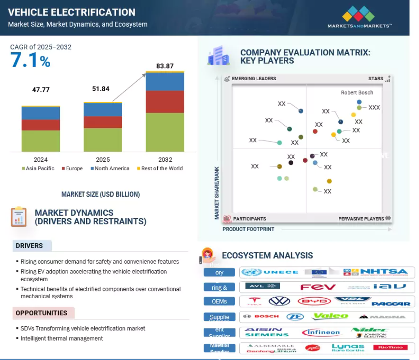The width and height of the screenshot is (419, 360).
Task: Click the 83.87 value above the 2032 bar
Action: point(165,66)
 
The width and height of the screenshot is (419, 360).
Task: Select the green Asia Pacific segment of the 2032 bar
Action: point(165,132)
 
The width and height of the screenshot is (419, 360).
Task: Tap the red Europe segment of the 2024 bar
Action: point(41,125)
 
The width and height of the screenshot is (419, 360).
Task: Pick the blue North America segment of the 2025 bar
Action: point(103,109)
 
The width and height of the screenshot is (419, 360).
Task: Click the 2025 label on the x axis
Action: point(103,159)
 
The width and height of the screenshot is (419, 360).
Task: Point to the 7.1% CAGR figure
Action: point(30,61)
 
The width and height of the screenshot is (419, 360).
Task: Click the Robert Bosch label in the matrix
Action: point(357,93)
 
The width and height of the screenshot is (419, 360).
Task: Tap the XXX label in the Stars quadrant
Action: point(374,108)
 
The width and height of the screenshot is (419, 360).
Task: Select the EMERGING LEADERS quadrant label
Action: point(253,79)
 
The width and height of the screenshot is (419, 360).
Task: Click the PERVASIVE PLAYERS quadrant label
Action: point(361,219)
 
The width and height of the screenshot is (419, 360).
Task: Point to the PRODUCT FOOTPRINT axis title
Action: point(248,229)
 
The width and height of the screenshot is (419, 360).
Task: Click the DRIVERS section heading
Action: point(29,246)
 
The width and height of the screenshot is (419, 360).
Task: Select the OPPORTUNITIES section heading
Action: point(41,313)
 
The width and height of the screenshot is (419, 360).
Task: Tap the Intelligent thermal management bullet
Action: point(62,338)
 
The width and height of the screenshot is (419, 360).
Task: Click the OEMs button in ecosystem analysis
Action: point(219,301)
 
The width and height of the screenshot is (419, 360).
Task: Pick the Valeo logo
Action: point(331,316)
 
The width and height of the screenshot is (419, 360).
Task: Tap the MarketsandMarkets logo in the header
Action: point(359,17)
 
